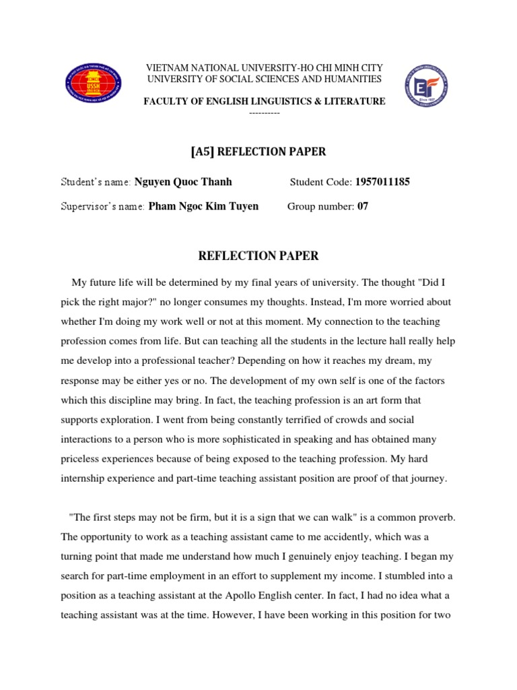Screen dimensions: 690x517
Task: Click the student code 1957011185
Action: click(x=382, y=182)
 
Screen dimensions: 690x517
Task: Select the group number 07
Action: click(x=363, y=206)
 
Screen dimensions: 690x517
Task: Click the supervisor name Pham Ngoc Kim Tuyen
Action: click(x=198, y=206)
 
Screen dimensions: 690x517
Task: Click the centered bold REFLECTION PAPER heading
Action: click(x=257, y=256)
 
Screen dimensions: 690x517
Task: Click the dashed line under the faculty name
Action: click(x=264, y=113)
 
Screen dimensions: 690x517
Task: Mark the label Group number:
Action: click(x=321, y=206)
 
